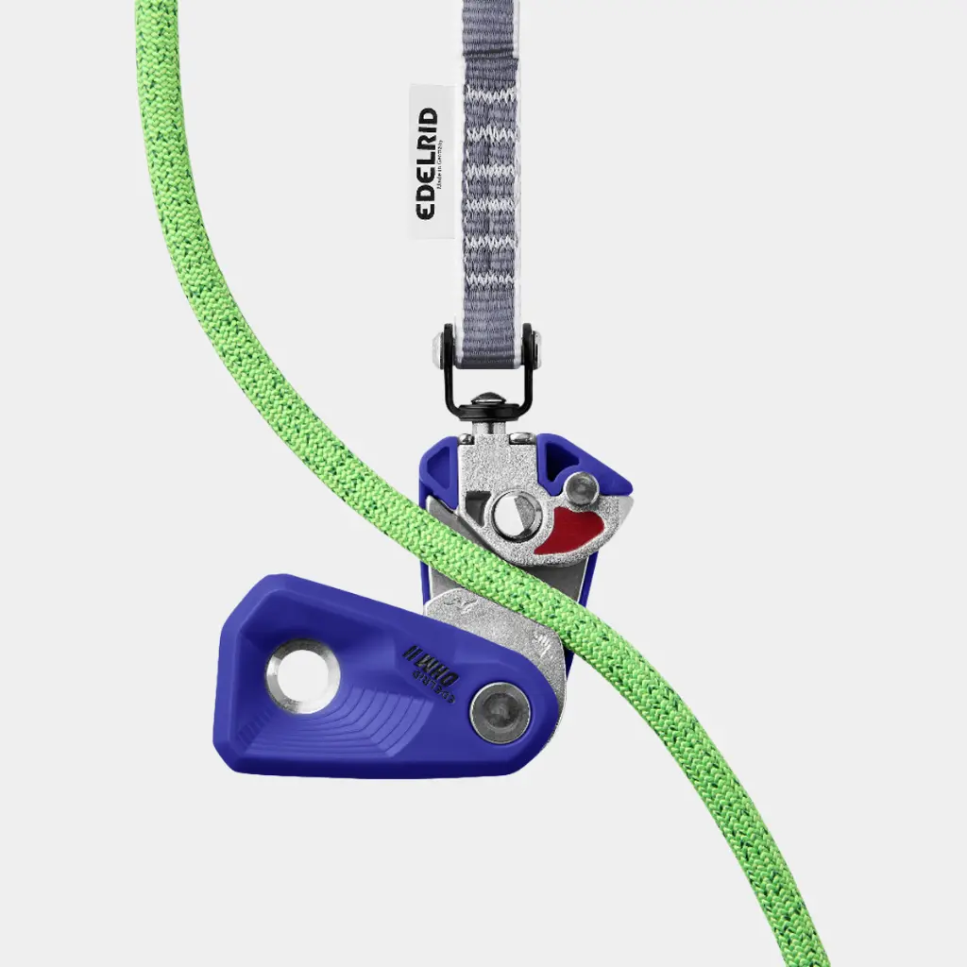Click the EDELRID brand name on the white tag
coord(427,163)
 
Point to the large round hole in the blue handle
coord(303,675)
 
